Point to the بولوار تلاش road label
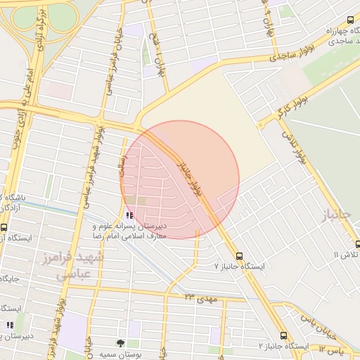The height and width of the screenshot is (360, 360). point(295,143)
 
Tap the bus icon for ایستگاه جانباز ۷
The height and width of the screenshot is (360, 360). point(240,256)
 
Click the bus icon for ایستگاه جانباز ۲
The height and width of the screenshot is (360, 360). point(283,336)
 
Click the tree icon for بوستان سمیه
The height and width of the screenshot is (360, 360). point(121,344)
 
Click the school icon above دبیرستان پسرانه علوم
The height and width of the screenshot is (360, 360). point(129,215)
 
